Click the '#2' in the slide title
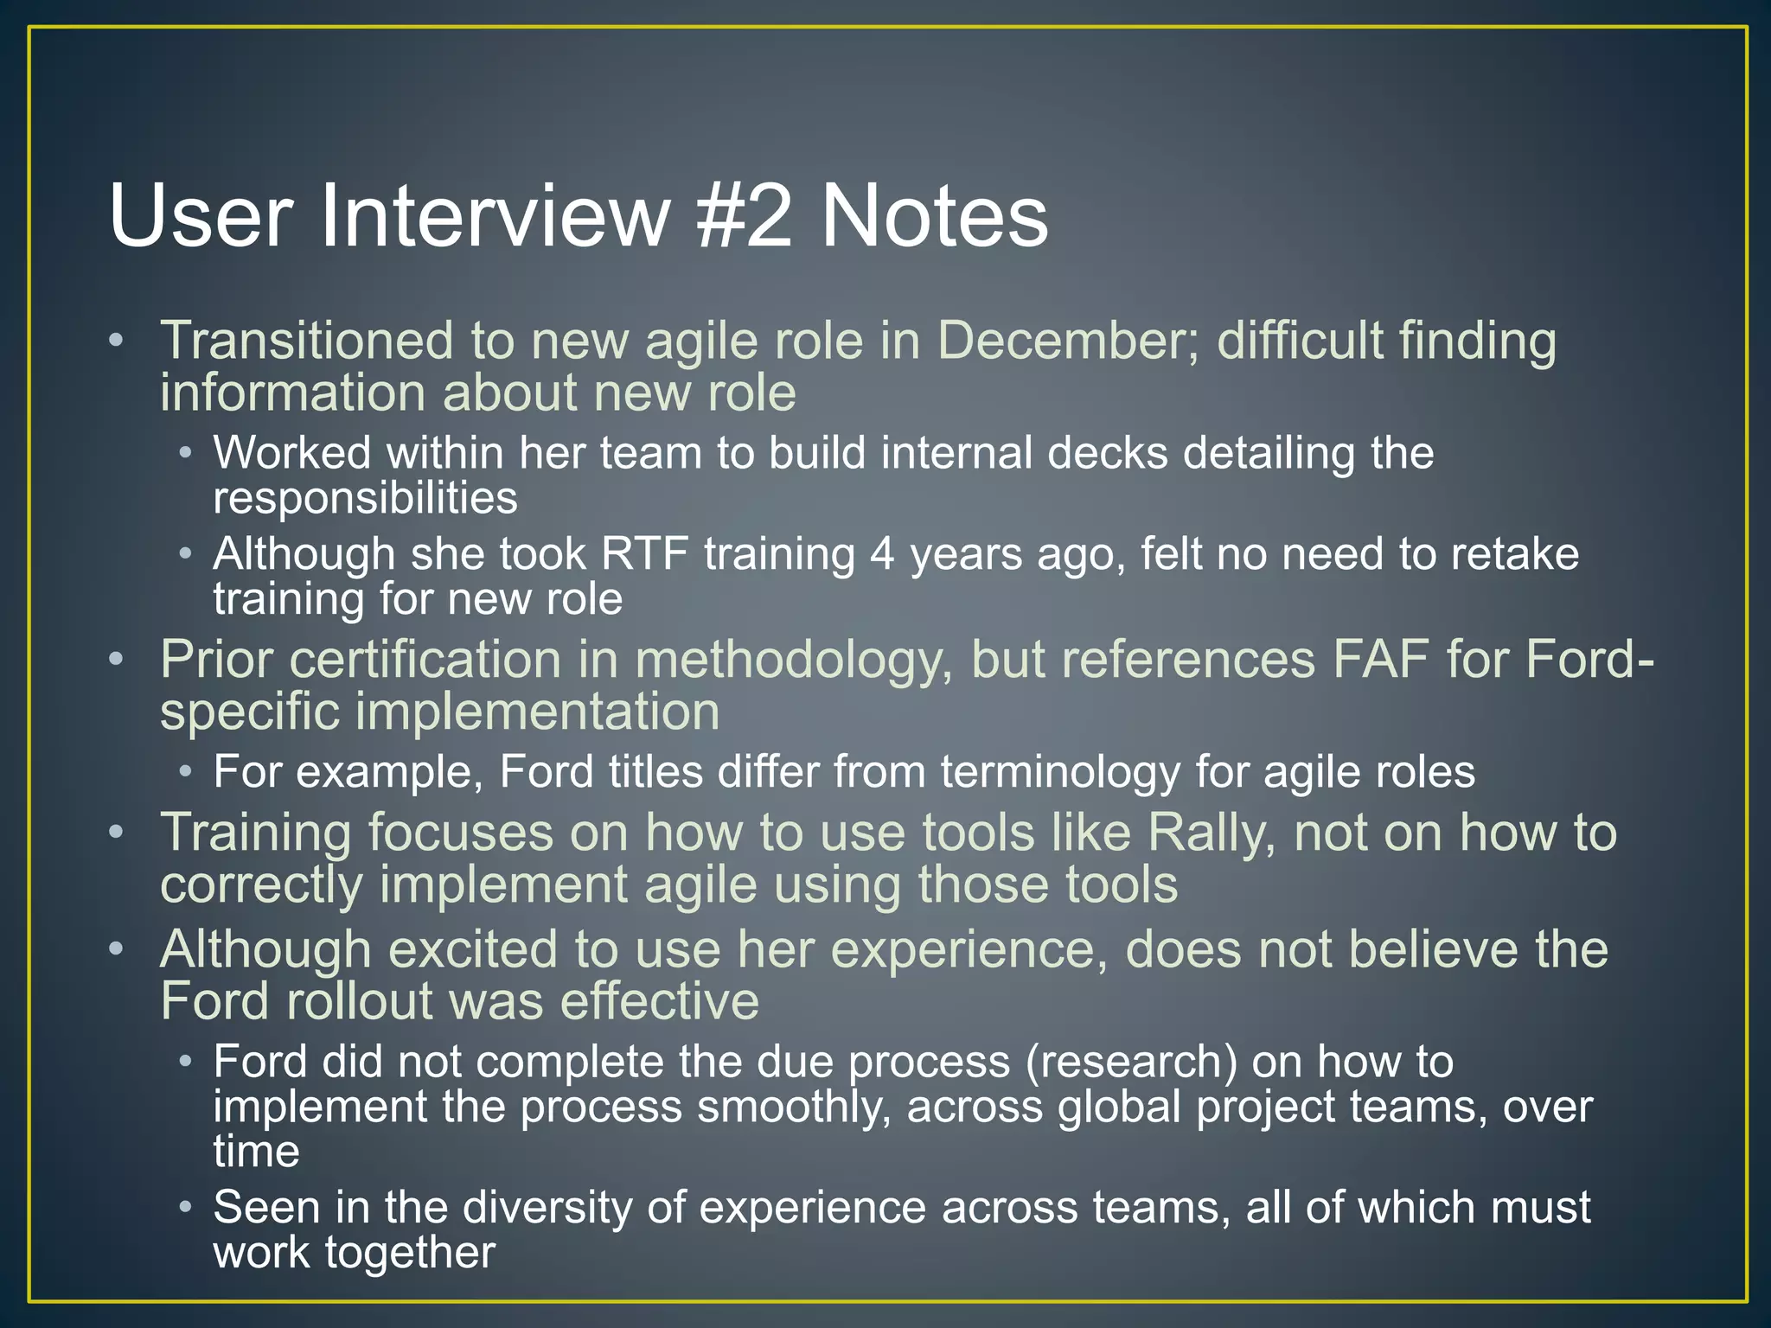click(743, 216)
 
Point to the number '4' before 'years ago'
click(882, 554)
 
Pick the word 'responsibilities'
click(365, 499)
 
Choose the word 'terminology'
click(1060, 772)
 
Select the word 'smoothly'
click(794, 1108)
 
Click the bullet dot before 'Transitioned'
click(117, 340)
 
